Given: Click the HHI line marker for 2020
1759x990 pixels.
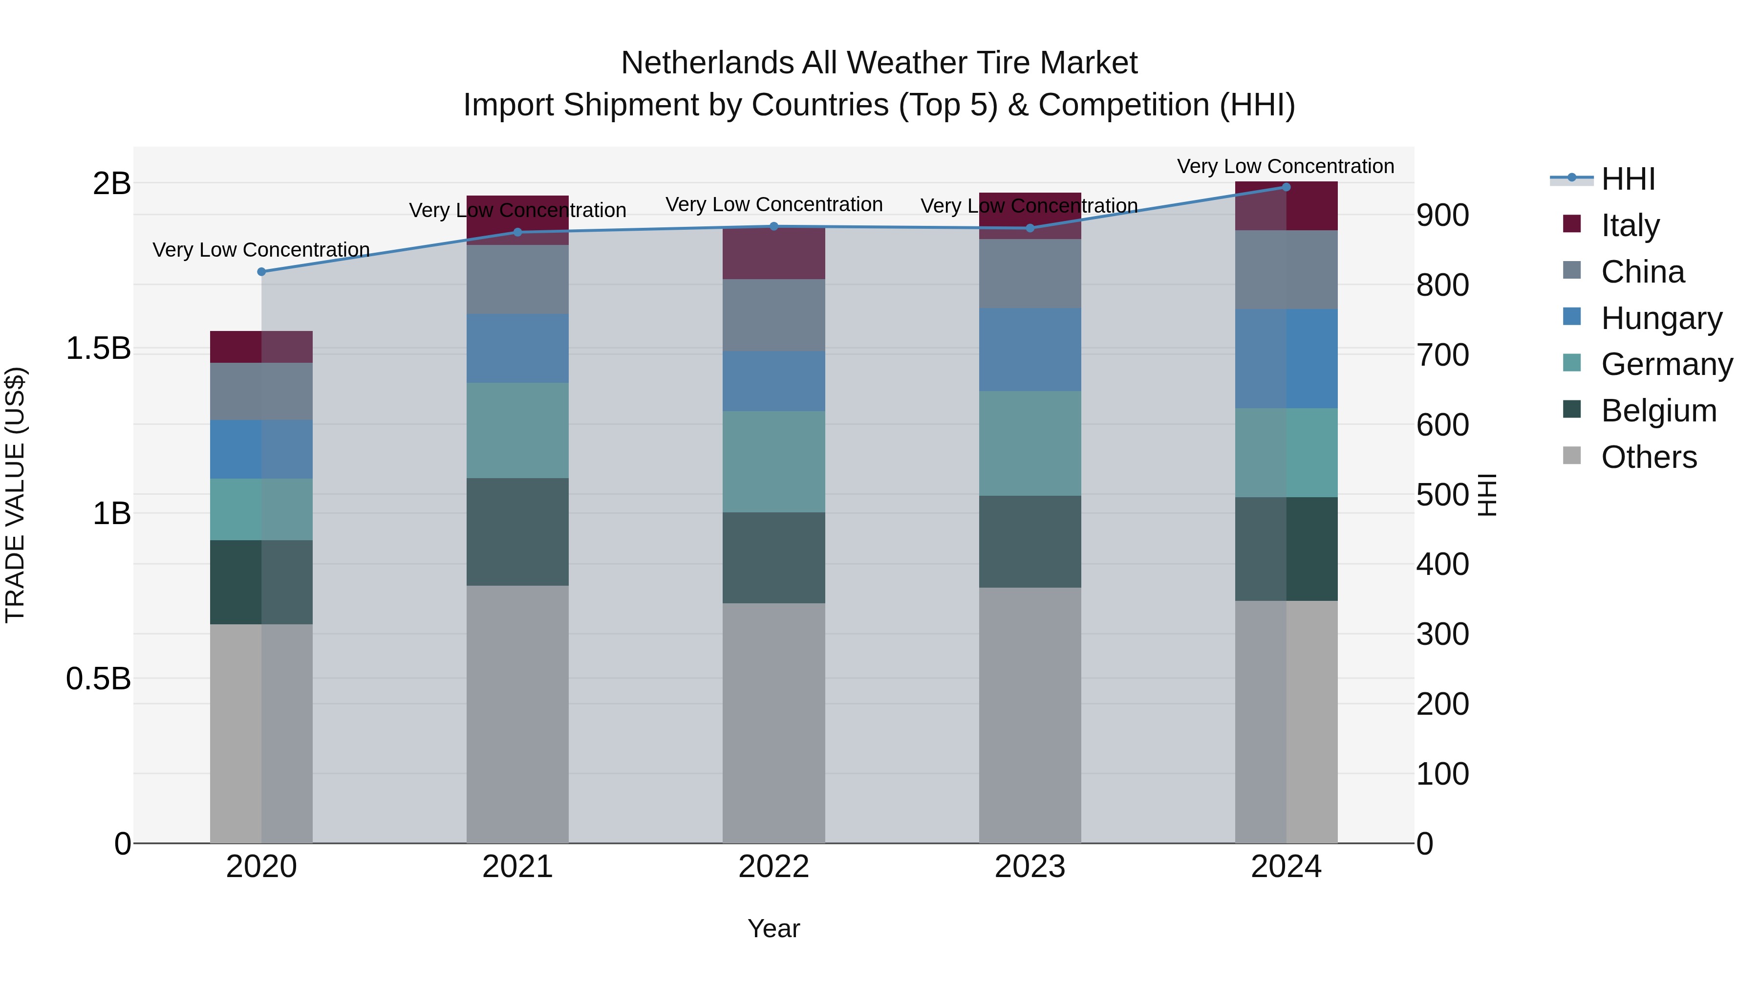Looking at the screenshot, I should point(261,272).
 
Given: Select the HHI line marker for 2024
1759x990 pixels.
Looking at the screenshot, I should point(1287,187).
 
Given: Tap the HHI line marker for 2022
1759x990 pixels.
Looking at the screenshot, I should point(773,227).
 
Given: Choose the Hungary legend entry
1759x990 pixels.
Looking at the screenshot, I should point(1661,318).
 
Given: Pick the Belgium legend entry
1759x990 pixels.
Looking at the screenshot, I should point(1658,411).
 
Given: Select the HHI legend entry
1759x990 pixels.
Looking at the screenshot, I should point(1628,179).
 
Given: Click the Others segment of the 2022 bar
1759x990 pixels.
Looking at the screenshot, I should point(773,723).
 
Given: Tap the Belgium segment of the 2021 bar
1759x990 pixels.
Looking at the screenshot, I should point(517,531).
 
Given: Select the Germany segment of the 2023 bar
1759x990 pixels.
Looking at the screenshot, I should point(1030,443).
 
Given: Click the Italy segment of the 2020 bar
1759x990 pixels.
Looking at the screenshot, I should point(261,347).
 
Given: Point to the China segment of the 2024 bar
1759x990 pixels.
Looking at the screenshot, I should point(1287,270).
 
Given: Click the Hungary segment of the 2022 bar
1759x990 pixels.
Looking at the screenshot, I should point(773,381).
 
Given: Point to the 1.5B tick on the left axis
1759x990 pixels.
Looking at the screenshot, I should point(98,349).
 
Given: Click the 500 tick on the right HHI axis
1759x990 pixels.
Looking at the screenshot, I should point(1442,495).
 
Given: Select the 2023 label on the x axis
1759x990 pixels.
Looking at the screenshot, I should point(1030,867).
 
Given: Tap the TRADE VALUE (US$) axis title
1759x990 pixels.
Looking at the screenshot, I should point(15,495).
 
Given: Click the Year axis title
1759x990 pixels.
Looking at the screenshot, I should point(773,928).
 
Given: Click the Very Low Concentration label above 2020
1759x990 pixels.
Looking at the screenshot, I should point(261,250).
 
